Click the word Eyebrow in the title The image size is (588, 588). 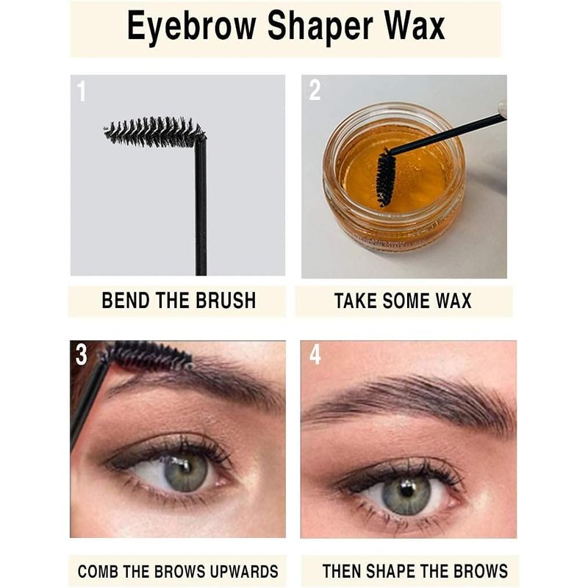coord(191,26)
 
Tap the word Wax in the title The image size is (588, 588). coord(415,26)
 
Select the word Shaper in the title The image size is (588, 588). coord(320,26)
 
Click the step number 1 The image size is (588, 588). coord(81,91)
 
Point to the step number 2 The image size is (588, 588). coord(315,90)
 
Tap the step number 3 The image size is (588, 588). coord(82,354)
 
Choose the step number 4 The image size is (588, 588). coord(315,355)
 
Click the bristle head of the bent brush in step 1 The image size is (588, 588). coord(154,132)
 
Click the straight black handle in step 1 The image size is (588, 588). coord(201,207)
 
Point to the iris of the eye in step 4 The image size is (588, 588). coord(406,495)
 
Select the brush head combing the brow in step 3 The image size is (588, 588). coord(148,356)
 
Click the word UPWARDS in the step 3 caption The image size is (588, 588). coord(244,572)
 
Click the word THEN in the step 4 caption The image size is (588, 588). coord(342,571)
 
